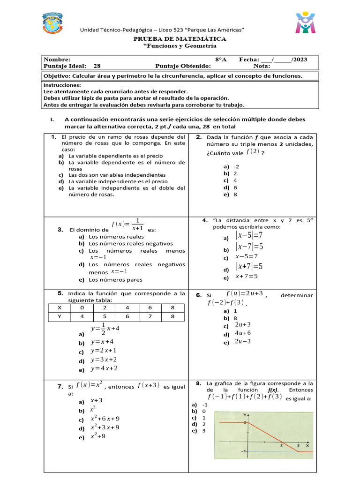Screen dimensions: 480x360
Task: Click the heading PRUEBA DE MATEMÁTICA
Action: point(180,39)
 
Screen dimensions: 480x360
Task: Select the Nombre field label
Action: point(56,60)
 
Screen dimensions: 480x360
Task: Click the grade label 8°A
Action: point(221,60)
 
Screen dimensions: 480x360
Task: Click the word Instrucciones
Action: point(62,85)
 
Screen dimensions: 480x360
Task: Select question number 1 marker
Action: point(54,137)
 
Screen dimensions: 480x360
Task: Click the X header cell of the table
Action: point(59,308)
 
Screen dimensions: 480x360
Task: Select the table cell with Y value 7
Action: point(150,316)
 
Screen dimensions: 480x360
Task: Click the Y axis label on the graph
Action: point(244,415)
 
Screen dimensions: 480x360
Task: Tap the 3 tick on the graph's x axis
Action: point(298,445)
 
